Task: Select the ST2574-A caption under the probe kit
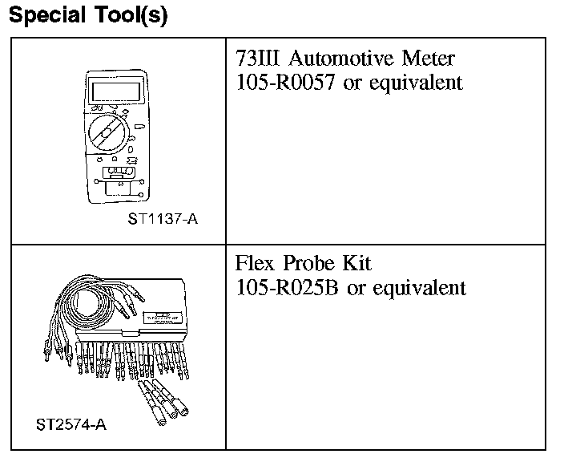(x=71, y=423)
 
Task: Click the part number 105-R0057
(x=287, y=83)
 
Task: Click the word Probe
(x=308, y=264)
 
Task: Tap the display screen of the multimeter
(x=111, y=88)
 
